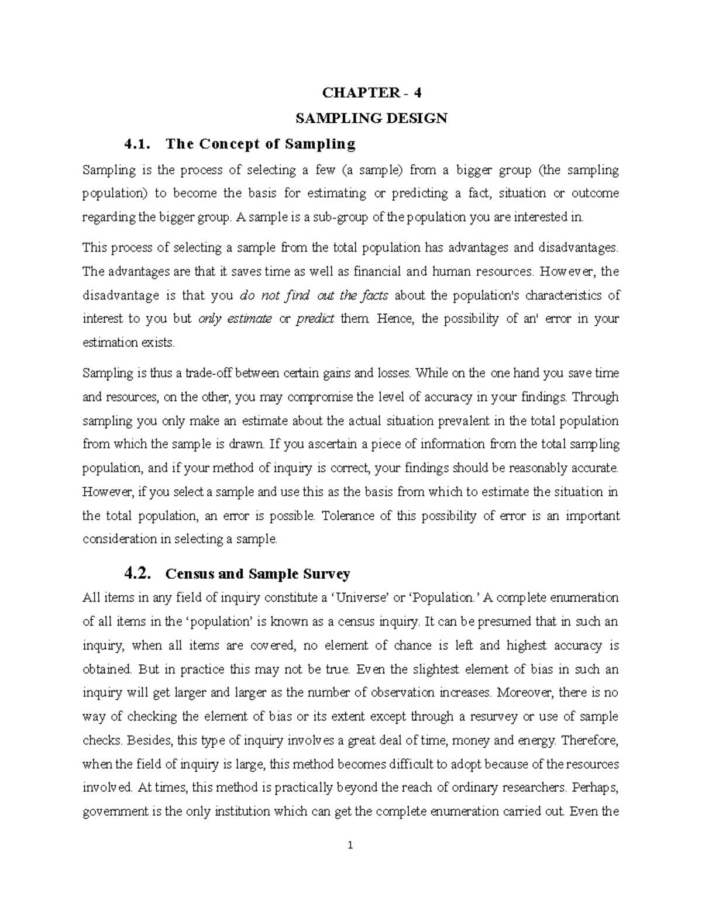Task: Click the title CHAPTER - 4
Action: (371, 93)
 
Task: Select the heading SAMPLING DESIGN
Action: (371, 119)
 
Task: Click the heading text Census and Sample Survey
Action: (258, 574)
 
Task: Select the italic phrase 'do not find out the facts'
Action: (314, 295)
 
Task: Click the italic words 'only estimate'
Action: (235, 319)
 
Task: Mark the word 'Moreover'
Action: (525, 693)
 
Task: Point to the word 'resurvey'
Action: (529, 717)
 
